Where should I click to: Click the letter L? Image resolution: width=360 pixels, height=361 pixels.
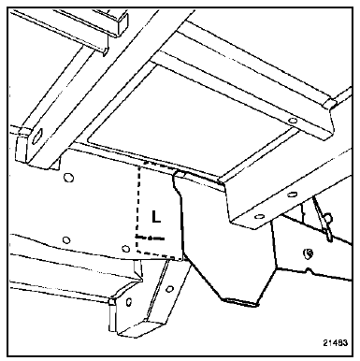156,216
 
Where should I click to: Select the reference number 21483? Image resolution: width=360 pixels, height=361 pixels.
335,342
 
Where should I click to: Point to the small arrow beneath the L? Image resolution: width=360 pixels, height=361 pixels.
151,238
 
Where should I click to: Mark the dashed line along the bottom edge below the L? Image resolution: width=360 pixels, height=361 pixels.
159,254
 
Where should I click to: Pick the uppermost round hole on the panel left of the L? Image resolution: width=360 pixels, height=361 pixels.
67,178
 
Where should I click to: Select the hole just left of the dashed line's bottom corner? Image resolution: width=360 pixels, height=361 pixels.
125,249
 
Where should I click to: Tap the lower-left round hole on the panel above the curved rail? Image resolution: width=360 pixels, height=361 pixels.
65,239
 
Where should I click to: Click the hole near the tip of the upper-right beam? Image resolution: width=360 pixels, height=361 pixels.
292,120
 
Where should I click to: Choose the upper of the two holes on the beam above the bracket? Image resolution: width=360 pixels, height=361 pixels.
292,195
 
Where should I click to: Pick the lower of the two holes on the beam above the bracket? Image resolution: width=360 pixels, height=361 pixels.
258,216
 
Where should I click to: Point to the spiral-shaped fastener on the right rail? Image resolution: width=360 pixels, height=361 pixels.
309,253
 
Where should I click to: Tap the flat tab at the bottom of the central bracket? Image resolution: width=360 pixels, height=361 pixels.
241,301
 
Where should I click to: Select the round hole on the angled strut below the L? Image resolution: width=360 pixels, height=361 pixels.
169,289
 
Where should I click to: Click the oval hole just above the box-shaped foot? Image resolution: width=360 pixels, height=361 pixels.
129,302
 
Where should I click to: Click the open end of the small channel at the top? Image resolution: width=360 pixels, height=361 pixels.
122,23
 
